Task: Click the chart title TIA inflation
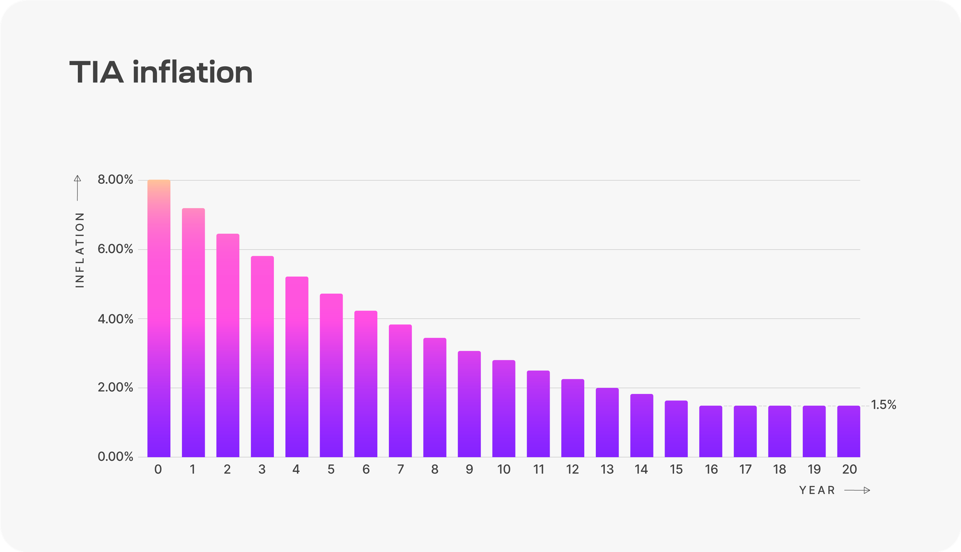tap(161, 73)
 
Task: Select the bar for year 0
tap(159, 318)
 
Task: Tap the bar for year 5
tap(331, 375)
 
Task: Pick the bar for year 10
tap(504, 408)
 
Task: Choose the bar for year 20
tap(849, 431)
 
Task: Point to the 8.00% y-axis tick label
tap(115, 180)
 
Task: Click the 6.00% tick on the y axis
tap(115, 249)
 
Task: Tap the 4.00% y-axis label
tap(115, 319)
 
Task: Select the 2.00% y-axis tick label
tap(115, 388)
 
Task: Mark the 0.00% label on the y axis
tap(115, 457)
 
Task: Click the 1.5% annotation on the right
tap(884, 405)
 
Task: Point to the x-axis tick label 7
tap(400, 469)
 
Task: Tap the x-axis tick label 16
tap(711, 469)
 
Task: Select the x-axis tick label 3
tap(262, 469)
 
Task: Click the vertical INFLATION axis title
tap(80, 250)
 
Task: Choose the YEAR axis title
tap(817, 490)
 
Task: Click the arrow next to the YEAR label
tap(857, 490)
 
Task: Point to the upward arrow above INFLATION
tap(77, 188)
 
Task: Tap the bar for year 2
tap(228, 345)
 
